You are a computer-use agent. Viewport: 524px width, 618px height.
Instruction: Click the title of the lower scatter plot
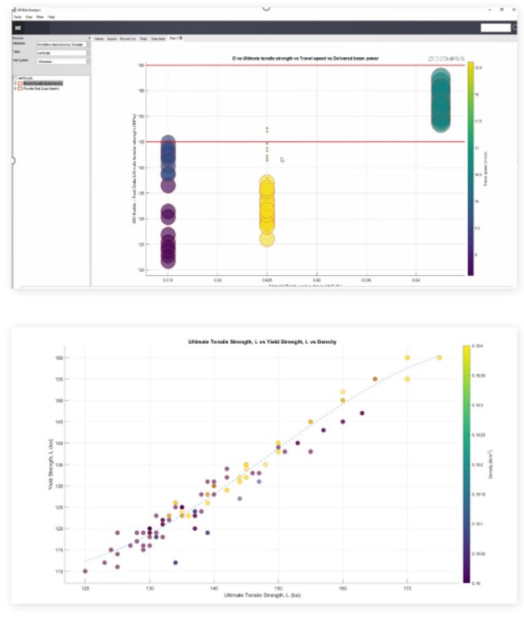click(x=263, y=344)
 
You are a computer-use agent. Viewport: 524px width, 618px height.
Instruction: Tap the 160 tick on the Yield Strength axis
click(x=60, y=357)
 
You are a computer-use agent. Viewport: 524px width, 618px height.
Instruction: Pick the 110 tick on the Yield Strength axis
click(x=60, y=571)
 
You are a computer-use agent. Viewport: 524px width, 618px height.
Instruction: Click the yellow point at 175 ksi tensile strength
click(x=439, y=357)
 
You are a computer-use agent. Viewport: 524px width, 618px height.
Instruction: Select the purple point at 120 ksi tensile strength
click(x=86, y=571)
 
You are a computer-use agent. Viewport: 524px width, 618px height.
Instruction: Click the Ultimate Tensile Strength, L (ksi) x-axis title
click(x=262, y=595)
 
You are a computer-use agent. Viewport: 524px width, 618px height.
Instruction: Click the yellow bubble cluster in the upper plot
click(x=267, y=205)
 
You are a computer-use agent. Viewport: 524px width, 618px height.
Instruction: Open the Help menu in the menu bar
click(x=52, y=16)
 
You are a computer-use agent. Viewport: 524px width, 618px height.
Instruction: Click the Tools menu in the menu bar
click(x=18, y=16)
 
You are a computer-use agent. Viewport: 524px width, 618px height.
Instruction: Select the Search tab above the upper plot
click(x=112, y=39)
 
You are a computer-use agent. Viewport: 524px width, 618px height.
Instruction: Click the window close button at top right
click(x=512, y=8)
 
